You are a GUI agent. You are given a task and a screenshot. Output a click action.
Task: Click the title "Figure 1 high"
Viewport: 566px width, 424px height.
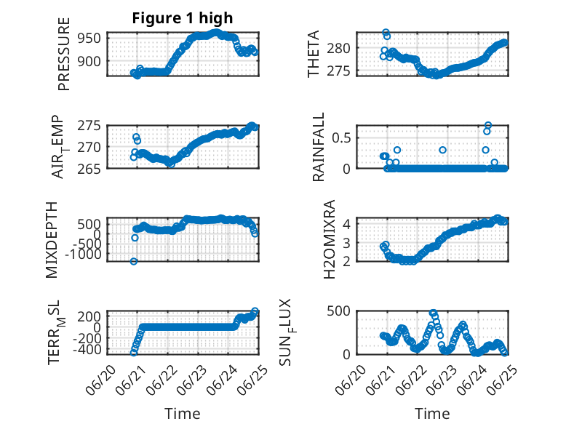point(183,18)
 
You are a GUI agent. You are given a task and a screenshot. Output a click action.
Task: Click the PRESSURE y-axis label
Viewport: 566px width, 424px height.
point(63,54)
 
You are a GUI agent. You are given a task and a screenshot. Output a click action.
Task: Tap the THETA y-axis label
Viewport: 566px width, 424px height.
point(314,54)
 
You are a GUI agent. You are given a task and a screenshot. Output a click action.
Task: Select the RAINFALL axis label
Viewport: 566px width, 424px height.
point(319,147)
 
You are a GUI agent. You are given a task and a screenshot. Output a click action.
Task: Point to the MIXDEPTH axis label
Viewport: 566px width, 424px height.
point(52,240)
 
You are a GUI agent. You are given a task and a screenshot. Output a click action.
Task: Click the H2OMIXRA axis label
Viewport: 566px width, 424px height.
point(330,239)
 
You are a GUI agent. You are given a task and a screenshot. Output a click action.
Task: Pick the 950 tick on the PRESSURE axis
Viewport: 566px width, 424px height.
point(89,38)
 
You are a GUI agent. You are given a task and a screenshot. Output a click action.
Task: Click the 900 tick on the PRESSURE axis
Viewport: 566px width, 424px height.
point(89,61)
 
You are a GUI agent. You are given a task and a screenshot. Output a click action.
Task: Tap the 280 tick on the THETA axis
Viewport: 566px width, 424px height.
point(338,48)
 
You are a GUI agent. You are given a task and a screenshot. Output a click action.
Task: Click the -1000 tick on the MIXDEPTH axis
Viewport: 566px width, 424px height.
point(84,255)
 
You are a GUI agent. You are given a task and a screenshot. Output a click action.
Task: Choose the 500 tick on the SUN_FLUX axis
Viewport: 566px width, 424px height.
point(338,311)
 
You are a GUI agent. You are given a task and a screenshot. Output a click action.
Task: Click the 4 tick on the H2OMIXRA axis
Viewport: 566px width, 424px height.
point(346,224)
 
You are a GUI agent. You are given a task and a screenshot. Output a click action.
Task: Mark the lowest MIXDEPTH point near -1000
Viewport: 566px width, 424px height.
point(134,261)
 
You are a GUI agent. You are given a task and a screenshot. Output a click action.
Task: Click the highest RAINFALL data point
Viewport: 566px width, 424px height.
point(488,125)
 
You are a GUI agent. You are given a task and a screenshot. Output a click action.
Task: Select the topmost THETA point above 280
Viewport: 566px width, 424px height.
point(386,33)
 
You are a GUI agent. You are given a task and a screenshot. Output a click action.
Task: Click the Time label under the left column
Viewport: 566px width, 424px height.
point(183,414)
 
